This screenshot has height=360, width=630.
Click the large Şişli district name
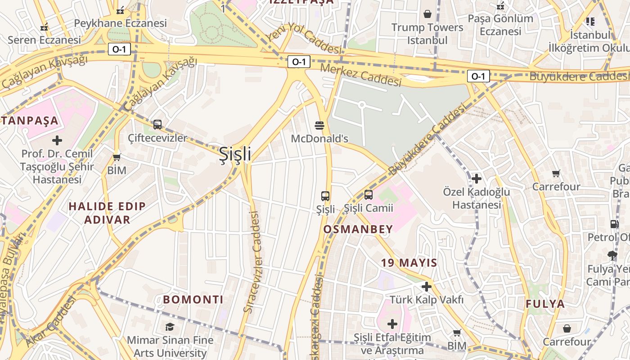pyautogui.click(x=235, y=154)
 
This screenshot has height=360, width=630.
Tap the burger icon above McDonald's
pyautogui.click(x=319, y=125)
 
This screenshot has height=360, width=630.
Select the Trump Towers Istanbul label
pyautogui.click(x=427, y=34)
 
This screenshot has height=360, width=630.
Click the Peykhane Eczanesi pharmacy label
pyautogui.click(x=120, y=23)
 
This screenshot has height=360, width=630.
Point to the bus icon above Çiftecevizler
pyautogui.click(x=157, y=125)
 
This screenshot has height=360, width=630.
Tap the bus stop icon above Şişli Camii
pyautogui.click(x=369, y=195)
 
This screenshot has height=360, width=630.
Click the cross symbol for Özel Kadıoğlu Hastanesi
pyautogui.click(x=477, y=179)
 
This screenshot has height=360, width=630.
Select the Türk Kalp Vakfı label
pyautogui.click(x=426, y=299)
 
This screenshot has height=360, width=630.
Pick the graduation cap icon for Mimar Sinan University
pyautogui.click(x=170, y=327)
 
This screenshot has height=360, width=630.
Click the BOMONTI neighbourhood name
pyautogui.click(x=193, y=299)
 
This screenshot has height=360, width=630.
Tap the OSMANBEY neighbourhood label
pyautogui.click(x=358, y=229)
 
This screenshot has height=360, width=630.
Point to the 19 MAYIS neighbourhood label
pyautogui.click(x=409, y=262)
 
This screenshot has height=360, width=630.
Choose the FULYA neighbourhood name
pyautogui.click(x=545, y=304)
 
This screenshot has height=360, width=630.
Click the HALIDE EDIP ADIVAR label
pyautogui.click(x=107, y=213)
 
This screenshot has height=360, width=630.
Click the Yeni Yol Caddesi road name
pyautogui.click(x=302, y=38)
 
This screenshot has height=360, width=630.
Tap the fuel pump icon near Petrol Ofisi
pyautogui.click(x=614, y=224)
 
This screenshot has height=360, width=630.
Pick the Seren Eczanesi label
pyautogui.click(x=44, y=40)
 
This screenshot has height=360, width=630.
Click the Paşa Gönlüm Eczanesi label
pyautogui.click(x=500, y=25)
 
